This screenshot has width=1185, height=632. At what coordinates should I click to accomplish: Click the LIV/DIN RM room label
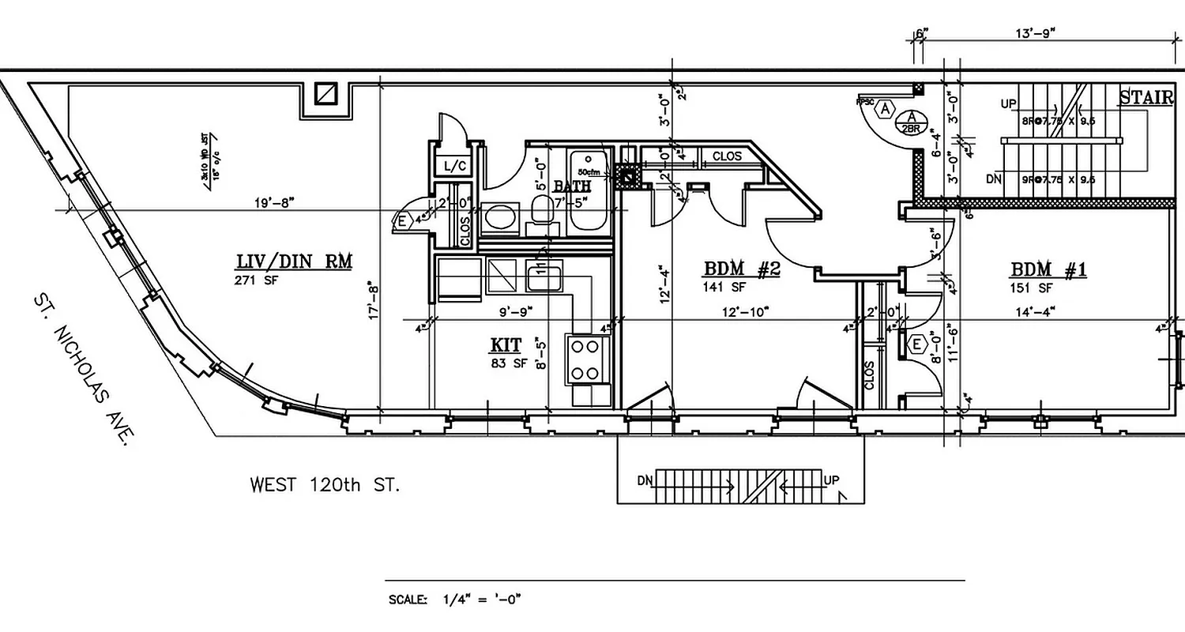(x=294, y=261)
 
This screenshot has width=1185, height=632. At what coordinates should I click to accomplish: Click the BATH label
(x=571, y=186)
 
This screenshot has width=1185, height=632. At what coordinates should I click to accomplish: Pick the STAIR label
(x=1145, y=98)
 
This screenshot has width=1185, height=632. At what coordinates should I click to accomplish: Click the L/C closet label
(x=455, y=166)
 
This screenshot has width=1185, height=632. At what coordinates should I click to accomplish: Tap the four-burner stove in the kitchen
(x=588, y=359)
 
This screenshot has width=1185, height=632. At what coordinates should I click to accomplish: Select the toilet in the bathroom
(x=542, y=212)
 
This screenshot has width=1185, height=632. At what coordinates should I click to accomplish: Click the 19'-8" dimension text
(x=274, y=203)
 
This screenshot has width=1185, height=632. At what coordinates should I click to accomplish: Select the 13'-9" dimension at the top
(x=1035, y=33)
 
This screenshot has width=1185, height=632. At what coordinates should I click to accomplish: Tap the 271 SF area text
(x=254, y=280)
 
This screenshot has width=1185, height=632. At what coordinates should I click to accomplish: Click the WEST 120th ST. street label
(x=325, y=484)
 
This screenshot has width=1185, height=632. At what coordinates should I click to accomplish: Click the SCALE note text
(x=454, y=600)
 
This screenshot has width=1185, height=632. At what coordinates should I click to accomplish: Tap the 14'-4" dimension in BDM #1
(x=1032, y=312)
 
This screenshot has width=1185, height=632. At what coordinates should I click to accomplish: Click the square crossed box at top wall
(x=326, y=94)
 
